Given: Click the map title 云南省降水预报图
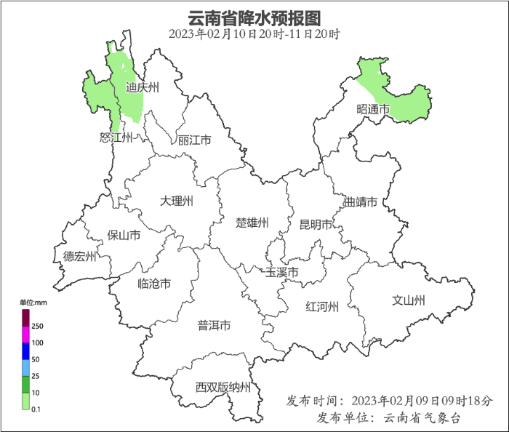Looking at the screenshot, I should pyautogui.click(x=254, y=17).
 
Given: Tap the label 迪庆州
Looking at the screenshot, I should pyautogui.click(x=142, y=88).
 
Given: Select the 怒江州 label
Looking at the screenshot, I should pyautogui.click(x=116, y=138).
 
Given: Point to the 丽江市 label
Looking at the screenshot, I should pyautogui.click(x=194, y=140).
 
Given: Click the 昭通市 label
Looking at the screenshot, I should pyautogui.click(x=373, y=109).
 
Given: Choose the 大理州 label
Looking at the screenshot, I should pyautogui.click(x=177, y=200).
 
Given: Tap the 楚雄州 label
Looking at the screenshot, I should pyautogui.click(x=252, y=223).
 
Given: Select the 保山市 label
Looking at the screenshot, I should pyautogui.click(x=124, y=235).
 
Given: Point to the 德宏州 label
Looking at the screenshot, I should pyautogui.click(x=79, y=256).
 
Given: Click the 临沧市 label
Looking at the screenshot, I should pyautogui.click(x=154, y=284).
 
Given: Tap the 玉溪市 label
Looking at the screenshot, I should pyautogui.click(x=281, y=273).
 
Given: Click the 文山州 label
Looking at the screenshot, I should pyautogui.click(x=409, y=300).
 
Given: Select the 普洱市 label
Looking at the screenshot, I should pyautogui.click(x=214, y=325).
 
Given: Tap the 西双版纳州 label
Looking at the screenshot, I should pyautogui.click(x=223, y=387).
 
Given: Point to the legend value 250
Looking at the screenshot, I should pyautogui.click(x=37, y=327).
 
